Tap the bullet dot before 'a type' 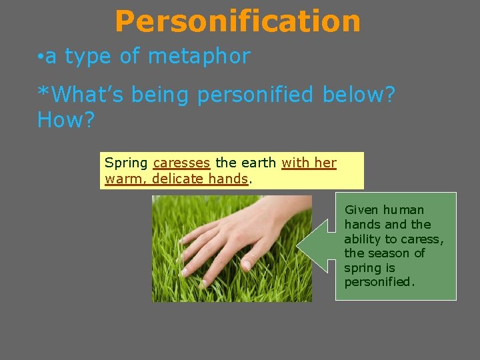point(41,57)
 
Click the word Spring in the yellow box point(127,163)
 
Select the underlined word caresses point(181,163)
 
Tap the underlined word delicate point(177,179)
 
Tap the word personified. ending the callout point(379,282)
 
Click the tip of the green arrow point(298,248)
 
